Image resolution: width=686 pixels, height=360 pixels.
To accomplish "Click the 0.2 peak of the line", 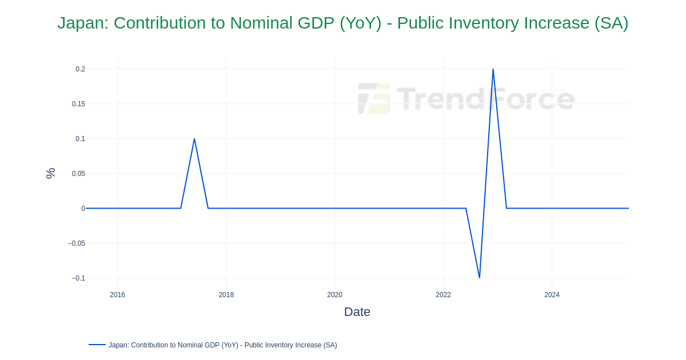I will click(x=493, y=70).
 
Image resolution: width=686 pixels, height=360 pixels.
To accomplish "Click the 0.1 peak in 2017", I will click(x=194, y=139).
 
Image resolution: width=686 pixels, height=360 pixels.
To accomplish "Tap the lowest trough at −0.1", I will click(x=480, y=278).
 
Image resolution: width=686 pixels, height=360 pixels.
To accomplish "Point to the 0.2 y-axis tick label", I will click(x=80, y=69).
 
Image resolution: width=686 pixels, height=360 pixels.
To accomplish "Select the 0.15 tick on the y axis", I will click(x=78, y=104).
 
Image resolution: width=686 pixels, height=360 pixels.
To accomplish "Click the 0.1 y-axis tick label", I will click(x=80, y=139).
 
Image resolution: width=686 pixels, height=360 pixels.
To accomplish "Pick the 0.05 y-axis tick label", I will click(x=78, y=174).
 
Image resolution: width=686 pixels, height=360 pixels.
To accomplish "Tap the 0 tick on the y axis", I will click(x=83, y=209).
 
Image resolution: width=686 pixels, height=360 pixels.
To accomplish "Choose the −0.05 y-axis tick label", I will click(x=77, y=243).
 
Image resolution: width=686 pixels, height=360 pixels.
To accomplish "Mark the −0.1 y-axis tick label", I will click(x=78, y=278).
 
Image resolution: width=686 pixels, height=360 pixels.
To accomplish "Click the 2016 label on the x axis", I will click(x=117, y=295).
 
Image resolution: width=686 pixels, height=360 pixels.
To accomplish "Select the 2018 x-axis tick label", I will click(x=226, y=295).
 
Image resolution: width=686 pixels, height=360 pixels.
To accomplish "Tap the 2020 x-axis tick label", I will click(x=334, y=295).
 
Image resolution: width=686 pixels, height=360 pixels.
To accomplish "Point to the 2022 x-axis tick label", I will click(x=443, y=295).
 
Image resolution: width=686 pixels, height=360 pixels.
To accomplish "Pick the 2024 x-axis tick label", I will click(x=552, y=295).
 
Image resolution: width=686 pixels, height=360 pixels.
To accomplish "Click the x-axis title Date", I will click(x=357, y=312).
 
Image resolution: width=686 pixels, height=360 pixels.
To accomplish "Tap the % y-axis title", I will click(x=51, y=173).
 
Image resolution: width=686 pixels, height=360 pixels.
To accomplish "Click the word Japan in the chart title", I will click(x=82, y=23).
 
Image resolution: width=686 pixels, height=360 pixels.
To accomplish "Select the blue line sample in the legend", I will click(x=97, y=345).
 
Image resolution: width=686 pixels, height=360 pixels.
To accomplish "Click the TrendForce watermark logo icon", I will click(x=374, y=98).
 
